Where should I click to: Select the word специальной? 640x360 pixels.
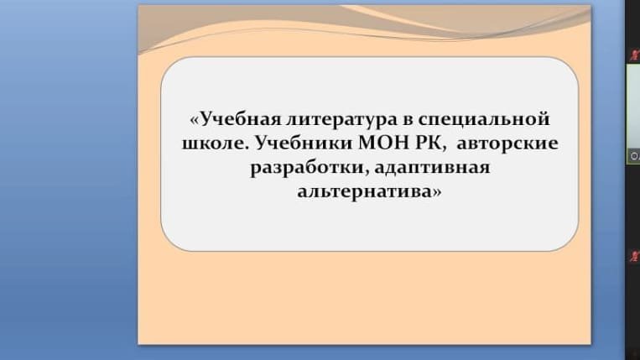click(484, 120)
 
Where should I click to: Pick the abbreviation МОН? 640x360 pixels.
click(383, 143)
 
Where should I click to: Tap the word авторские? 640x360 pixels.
click(507, 144)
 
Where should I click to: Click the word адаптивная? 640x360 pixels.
click(432, 168)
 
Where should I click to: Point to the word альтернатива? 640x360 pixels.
click(364, 192)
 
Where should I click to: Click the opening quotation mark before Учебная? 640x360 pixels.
click(195, 120)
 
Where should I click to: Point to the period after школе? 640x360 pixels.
click(247, 149)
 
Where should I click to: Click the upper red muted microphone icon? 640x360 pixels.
click(635, 55)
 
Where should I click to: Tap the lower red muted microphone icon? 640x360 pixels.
click(635, 256)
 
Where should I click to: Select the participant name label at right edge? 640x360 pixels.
click(634, 156)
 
